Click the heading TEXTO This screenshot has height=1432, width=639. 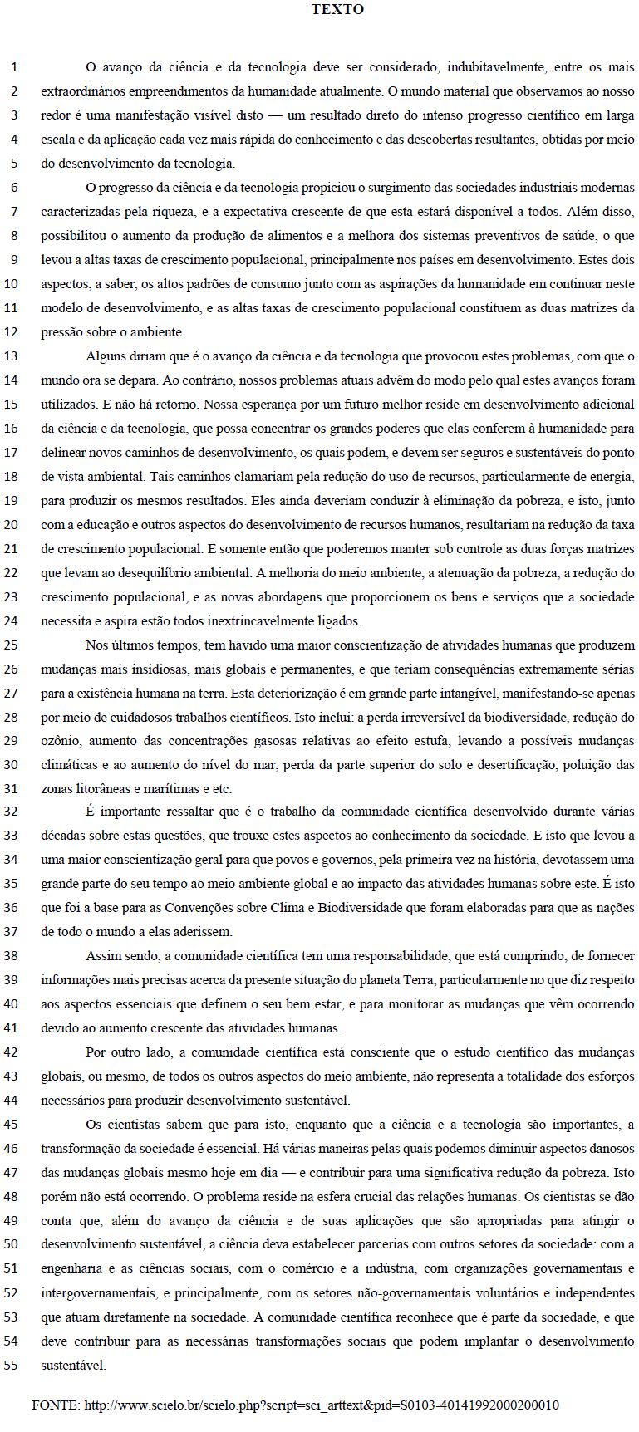(337, 10)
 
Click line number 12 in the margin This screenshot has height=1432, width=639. (12, 332)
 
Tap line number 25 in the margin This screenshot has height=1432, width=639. (12, 645)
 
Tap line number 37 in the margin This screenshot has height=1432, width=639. (12, 932)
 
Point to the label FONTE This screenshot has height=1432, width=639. (55, 1405)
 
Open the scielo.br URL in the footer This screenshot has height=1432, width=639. (322, 1405)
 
